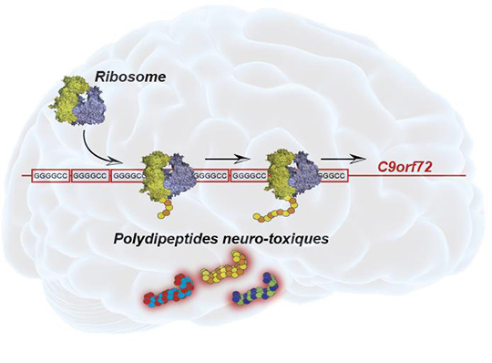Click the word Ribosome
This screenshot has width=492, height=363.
[130, 77]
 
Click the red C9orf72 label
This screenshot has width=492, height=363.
[405, 167]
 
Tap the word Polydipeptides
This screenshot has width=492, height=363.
[165, 239]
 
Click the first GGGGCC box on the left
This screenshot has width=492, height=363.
[51, 176]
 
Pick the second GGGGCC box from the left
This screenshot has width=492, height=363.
[90, 176]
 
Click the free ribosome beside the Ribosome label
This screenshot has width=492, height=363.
[77, 100]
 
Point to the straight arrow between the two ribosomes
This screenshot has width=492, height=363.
[228, 160]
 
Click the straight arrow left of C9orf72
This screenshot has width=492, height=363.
[343, 160]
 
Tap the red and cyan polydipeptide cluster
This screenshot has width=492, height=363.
[169, 290]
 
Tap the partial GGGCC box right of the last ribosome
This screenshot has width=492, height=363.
[333, 176]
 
